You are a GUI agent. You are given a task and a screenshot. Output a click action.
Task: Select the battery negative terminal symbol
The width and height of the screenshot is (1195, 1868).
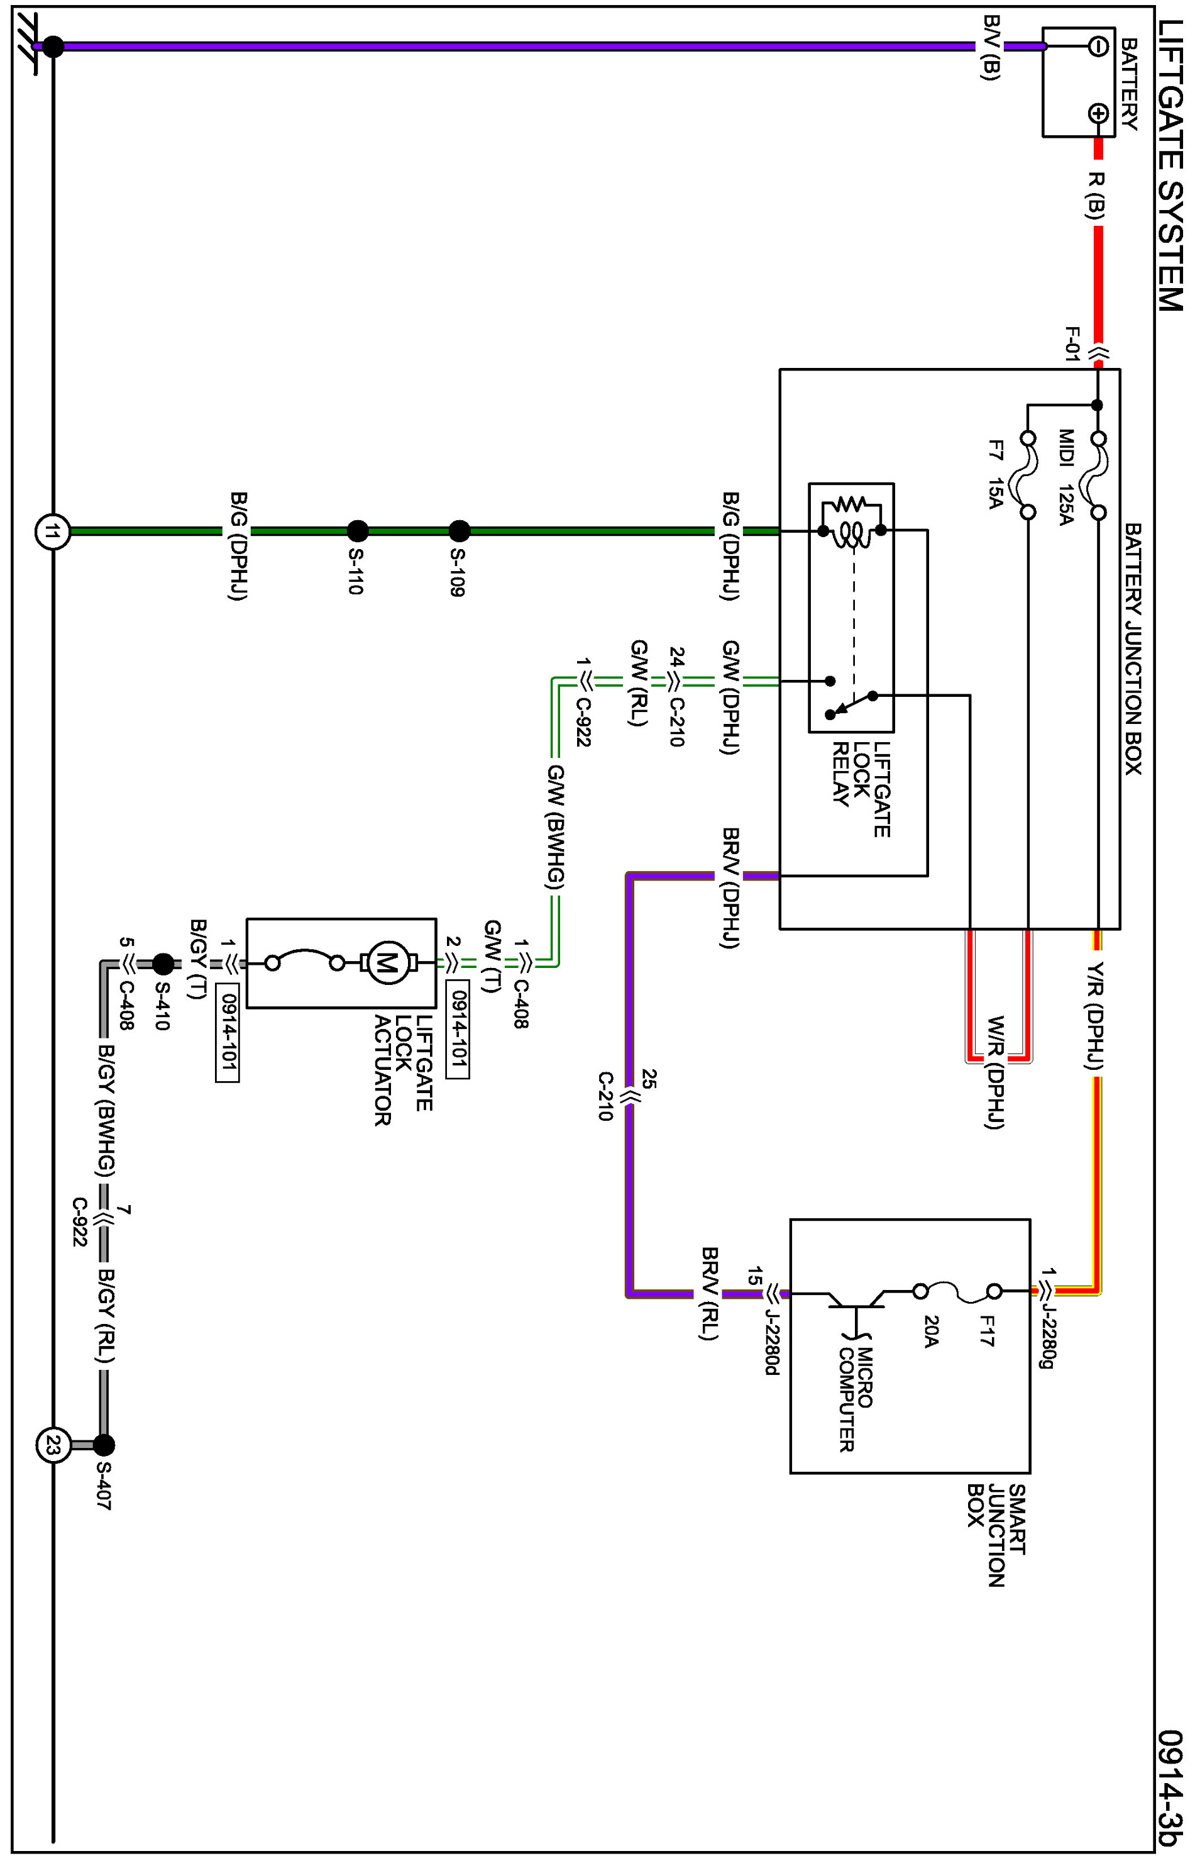(x=1097, y=47)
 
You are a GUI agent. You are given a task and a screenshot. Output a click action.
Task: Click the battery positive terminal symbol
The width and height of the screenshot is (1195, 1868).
(x=1097, y=114)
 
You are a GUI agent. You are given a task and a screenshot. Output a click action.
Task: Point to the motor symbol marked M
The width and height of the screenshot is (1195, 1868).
(x=387, y=964)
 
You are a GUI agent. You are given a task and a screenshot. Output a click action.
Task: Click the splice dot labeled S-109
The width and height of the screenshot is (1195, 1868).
(x=460, y=531)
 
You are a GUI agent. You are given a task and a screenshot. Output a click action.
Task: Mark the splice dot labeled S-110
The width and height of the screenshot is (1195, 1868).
(x=357, y=531)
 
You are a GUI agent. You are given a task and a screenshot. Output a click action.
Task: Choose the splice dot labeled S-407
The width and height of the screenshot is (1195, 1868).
(x=103, y=1445)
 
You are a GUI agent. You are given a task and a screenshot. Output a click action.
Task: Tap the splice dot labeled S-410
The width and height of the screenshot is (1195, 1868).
(x=163, y=964)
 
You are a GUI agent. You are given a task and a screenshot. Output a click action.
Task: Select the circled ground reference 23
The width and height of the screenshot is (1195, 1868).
(x=53, y=1445)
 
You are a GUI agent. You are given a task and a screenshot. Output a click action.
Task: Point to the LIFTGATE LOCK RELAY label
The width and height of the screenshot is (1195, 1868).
(x=861, y=788)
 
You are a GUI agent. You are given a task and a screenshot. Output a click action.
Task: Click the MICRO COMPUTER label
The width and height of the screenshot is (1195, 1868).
(x=856, y=1398)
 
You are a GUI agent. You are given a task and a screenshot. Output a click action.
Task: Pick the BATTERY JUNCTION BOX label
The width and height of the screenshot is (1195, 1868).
(x=1133, y=648)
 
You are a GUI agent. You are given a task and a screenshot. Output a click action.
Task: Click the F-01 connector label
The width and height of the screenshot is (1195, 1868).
(x=1072, y=343)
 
